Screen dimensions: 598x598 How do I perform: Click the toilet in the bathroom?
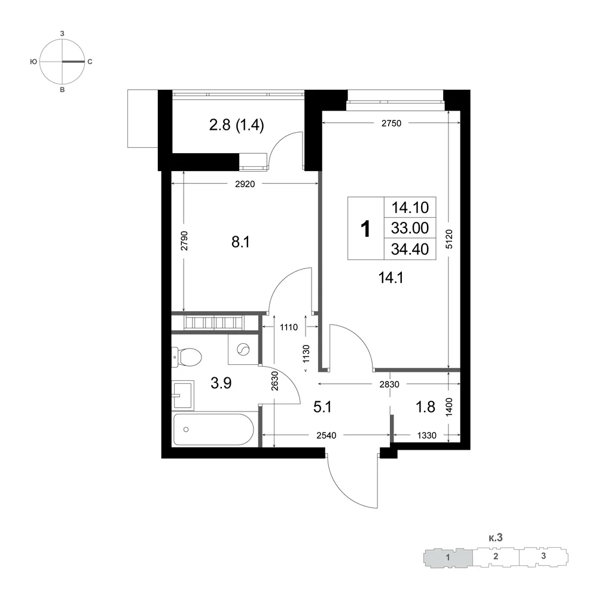coord(187,357)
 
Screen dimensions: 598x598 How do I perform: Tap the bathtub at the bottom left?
coord(213,429)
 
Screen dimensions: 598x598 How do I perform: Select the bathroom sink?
coord(183,395)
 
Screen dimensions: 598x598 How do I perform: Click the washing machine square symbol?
coord(243,349)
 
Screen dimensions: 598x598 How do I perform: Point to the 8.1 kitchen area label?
coord(240,242)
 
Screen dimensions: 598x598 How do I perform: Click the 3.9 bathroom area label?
coord(221,383)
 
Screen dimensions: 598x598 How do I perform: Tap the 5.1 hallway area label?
coord(322,407)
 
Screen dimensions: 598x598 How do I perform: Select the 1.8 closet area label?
coord(425,407)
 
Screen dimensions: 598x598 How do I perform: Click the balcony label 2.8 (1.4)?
coord(236,125)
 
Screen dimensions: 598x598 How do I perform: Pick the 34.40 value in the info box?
coord(410,249)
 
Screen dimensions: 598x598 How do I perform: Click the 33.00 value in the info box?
coord(410,228)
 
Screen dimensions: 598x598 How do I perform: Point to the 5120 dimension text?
coord(449,240)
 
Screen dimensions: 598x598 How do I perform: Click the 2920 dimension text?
coord(245,184)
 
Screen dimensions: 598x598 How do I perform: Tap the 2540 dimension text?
coord(327,435)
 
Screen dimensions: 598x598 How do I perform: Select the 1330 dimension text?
coord(426,435)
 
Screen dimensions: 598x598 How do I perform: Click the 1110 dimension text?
coord(289,327)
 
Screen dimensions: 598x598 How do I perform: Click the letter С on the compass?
coord(90,62)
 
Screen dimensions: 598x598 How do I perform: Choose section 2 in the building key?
coord(495,556)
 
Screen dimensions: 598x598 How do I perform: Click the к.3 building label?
coord(495,538)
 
